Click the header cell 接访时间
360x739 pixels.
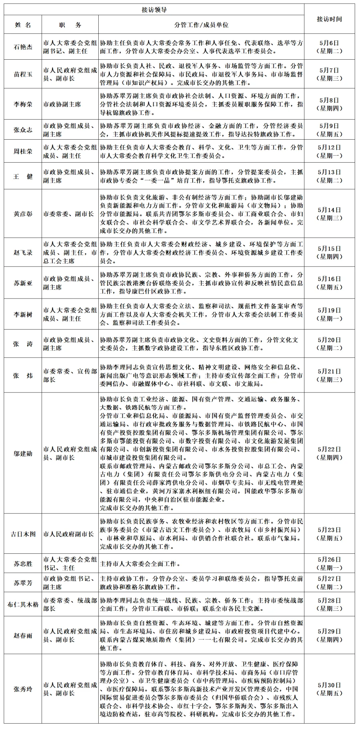pos(329,19)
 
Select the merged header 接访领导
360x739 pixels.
pos(154,10)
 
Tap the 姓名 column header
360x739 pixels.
pos(23,25)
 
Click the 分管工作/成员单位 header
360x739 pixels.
pos(201,25)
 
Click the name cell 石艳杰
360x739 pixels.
pos(23,47)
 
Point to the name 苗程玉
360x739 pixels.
pos(23,74)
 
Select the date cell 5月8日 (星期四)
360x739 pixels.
pos(329,104)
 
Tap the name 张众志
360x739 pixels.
pos(23,130)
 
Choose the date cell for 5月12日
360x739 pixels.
pos(329,151)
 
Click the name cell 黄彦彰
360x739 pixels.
pos(23,214)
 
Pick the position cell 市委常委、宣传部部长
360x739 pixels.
pos(70,375)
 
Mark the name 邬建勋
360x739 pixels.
pos(23,453)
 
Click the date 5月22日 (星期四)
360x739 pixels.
pos(329,453)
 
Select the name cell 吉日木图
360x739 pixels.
pos(23,534)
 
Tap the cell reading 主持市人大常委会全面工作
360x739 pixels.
pos(140,564)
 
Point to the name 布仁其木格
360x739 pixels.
pos(23,604)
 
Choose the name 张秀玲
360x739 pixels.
pos(23,689)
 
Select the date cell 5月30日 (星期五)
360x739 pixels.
pos(329,689)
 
